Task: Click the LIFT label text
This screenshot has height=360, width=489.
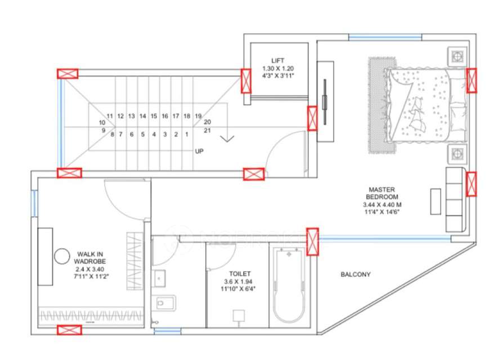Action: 277,60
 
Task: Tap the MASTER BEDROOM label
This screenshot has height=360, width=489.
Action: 383,193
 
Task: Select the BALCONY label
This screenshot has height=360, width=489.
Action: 355,274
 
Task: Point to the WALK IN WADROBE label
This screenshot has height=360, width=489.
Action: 90,258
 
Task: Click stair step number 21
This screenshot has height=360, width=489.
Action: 207,130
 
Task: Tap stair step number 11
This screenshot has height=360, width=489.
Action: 110,116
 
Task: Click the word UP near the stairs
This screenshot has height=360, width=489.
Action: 199,151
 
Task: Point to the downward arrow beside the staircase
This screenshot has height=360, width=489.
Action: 227,138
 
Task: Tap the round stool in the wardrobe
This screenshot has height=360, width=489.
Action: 61,257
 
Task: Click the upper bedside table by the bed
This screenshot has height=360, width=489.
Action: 456,56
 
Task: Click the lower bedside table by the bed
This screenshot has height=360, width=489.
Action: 456,153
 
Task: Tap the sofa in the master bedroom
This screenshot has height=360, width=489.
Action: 455,199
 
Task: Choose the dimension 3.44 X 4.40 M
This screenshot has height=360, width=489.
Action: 383,205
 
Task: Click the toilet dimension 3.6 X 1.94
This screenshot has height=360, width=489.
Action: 237,281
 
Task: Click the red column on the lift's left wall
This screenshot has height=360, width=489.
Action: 246,80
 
